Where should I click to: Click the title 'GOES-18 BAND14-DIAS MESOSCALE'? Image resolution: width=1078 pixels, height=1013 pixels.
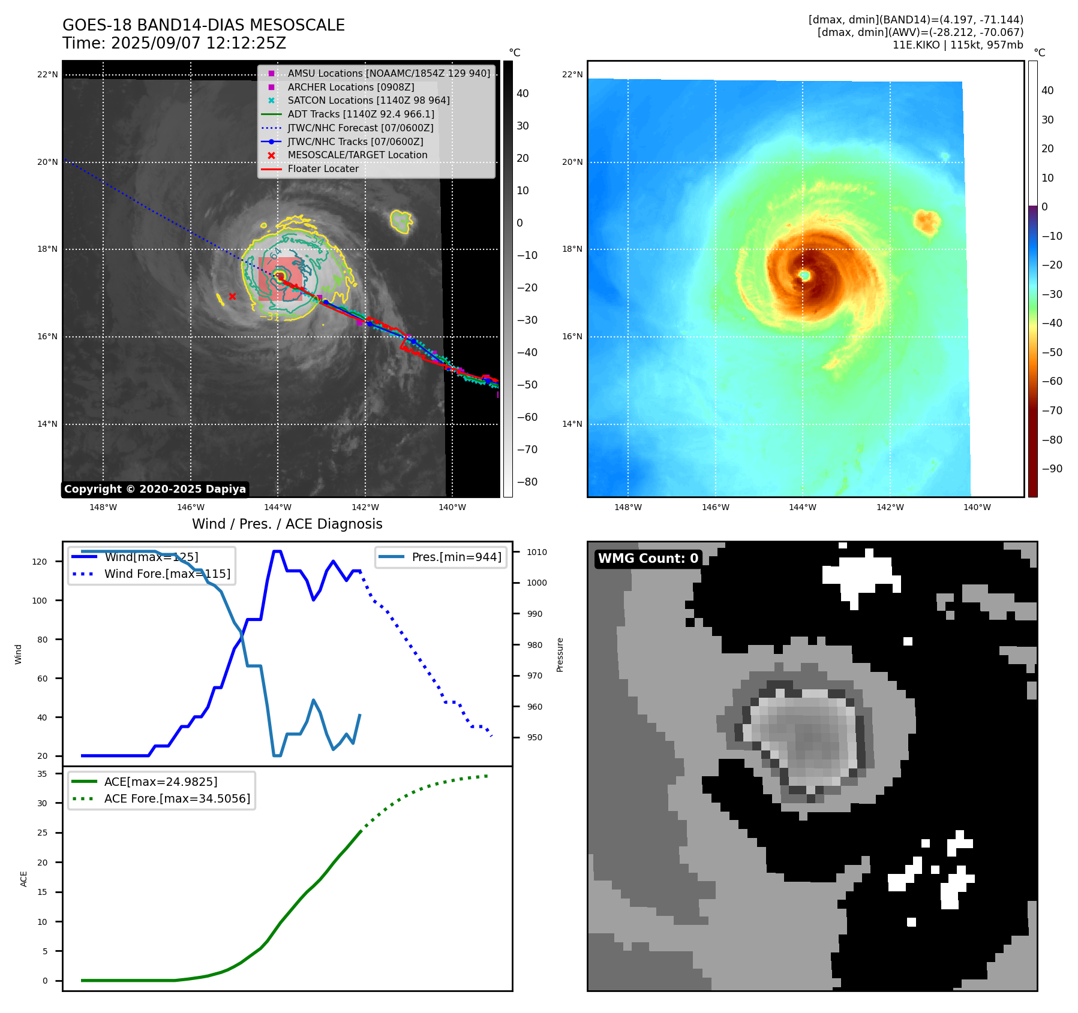coord(203,25)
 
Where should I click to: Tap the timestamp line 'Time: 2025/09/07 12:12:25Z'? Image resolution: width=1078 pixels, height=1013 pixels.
coord(174,43)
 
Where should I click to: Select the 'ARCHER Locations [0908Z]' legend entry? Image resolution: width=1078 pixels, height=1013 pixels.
coord(350,87)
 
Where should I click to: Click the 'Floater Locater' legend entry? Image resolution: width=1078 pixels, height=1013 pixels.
coord(323,168)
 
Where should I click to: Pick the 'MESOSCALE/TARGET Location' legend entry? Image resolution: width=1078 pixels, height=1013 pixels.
coord(357,155)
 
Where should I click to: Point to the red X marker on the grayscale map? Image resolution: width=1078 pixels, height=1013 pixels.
coord(232,296)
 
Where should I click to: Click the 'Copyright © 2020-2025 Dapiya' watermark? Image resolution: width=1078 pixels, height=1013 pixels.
coord(155,489)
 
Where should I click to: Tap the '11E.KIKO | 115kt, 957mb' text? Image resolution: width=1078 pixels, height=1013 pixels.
coord(957,45)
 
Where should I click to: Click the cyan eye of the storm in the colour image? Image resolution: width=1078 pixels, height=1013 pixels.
coord(805,275)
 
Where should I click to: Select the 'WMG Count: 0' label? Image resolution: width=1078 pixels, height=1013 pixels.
coord(648,559)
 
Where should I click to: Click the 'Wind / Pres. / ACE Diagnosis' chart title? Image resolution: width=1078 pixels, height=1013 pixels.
coord(287,524)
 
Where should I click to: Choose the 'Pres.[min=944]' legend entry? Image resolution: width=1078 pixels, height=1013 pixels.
coord(456,557)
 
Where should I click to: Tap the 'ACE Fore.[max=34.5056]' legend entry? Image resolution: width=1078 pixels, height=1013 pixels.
coord(177,798)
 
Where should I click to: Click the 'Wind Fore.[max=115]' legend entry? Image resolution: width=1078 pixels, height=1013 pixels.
coord(167,574)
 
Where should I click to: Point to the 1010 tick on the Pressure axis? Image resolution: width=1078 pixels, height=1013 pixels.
coord(537,552)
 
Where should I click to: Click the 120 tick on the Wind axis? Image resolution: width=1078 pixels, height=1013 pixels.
coord(39,562)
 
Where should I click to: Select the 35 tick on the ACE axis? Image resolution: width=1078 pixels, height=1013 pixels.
coord(42,774)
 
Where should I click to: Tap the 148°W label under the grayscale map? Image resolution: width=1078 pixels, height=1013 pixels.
coord(103,507)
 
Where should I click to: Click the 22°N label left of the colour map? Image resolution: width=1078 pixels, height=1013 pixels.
coord(572,74)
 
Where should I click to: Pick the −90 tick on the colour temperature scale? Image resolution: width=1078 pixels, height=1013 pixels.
coord(1052,469)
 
